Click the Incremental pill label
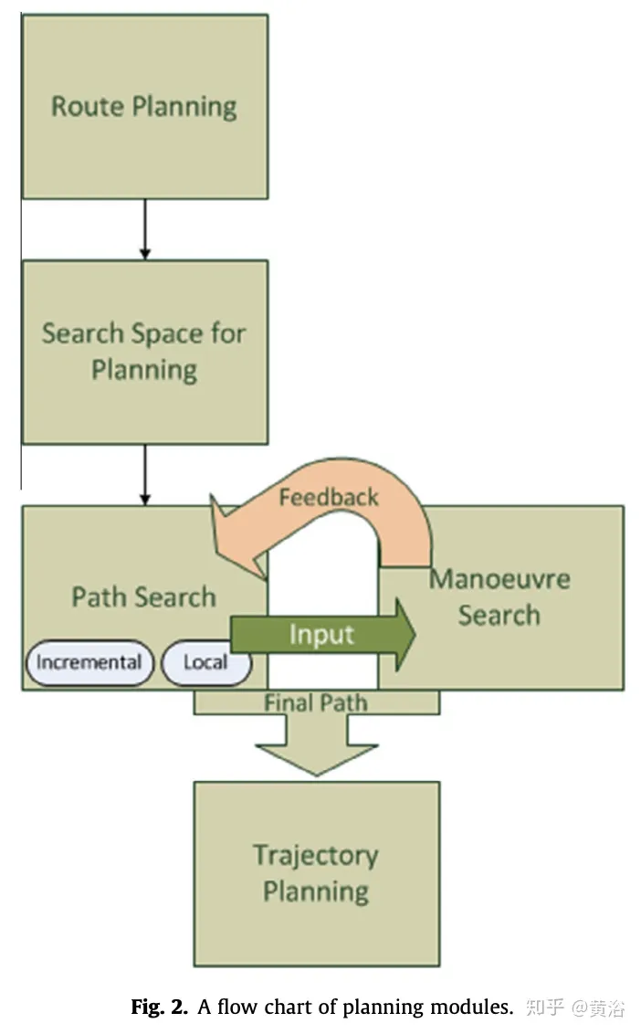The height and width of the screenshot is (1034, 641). click(x=89, y=662)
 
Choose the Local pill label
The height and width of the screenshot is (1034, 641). click(x=205, y=662)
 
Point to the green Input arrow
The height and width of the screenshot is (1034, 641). click(x=321, y=634)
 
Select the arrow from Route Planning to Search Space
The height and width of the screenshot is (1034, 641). click(x=144, y=228)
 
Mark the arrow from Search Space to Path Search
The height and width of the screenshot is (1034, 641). click(x=144, y=474)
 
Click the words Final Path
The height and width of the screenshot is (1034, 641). click(x=316, y=703)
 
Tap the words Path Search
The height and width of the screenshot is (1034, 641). click(x=144, y=597)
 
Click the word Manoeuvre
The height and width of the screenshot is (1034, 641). click(x=499, y=579)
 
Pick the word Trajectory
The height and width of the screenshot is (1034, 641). click(x=316, y=856)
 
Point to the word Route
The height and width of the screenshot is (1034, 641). click(x=89, y=106)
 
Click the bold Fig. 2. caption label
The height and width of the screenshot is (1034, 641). click(x=160, y=1008)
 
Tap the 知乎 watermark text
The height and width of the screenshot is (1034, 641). click(x=546, y=1008)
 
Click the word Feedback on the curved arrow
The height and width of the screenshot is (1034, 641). click(x=328, y=497)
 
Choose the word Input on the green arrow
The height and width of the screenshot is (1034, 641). click(x=321, y=634)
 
